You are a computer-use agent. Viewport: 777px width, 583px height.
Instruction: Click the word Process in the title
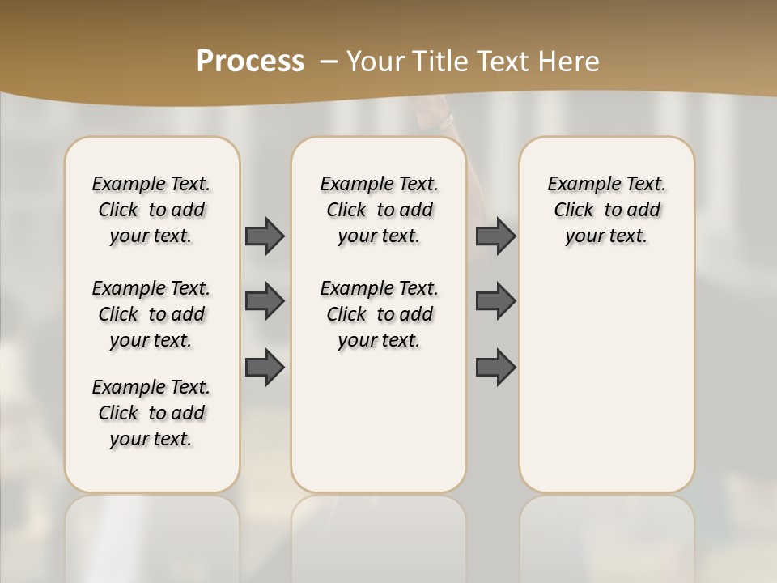click(x=250, y=61)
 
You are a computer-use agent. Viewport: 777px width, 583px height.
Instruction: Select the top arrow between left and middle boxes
click(x=265, y=236)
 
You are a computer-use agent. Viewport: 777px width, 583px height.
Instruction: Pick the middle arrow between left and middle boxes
click(x=265, y=301)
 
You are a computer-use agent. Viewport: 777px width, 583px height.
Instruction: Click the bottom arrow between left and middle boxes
click(x=265, y=367)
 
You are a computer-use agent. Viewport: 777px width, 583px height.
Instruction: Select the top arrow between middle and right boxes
click(x=495, y=236)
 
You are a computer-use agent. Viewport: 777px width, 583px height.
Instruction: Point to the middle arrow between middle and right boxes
click(x=495, y=301)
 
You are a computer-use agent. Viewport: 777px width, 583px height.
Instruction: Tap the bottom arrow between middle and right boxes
click(x=495, y=367)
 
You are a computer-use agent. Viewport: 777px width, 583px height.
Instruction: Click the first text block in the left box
click(x=151, y=210)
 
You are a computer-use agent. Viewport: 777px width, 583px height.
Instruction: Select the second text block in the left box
click(x=151, y=314)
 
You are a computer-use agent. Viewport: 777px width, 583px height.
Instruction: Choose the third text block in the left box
click(x=151, y=413)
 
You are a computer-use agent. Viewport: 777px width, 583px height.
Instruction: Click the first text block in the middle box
click(x=380, y=210)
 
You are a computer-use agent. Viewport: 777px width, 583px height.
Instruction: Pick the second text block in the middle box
click(x=380, y=314)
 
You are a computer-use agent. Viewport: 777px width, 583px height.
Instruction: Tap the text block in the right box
click(x=607, y=210)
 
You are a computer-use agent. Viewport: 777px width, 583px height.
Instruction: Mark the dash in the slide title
click(x=329, y=62)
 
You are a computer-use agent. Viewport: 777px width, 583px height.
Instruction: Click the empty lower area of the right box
click(x=607, y=381)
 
